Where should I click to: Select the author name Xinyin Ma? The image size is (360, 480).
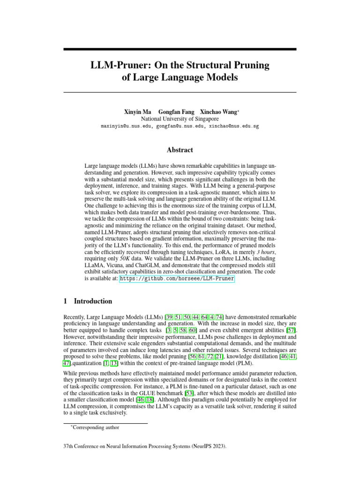coord(137,112)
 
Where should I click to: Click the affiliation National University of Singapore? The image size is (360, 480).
coord(180,119)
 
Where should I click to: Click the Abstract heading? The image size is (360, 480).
coord(180,150)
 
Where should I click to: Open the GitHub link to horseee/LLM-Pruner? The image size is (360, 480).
coord(177,278)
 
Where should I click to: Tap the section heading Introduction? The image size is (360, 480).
coord(93,301)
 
